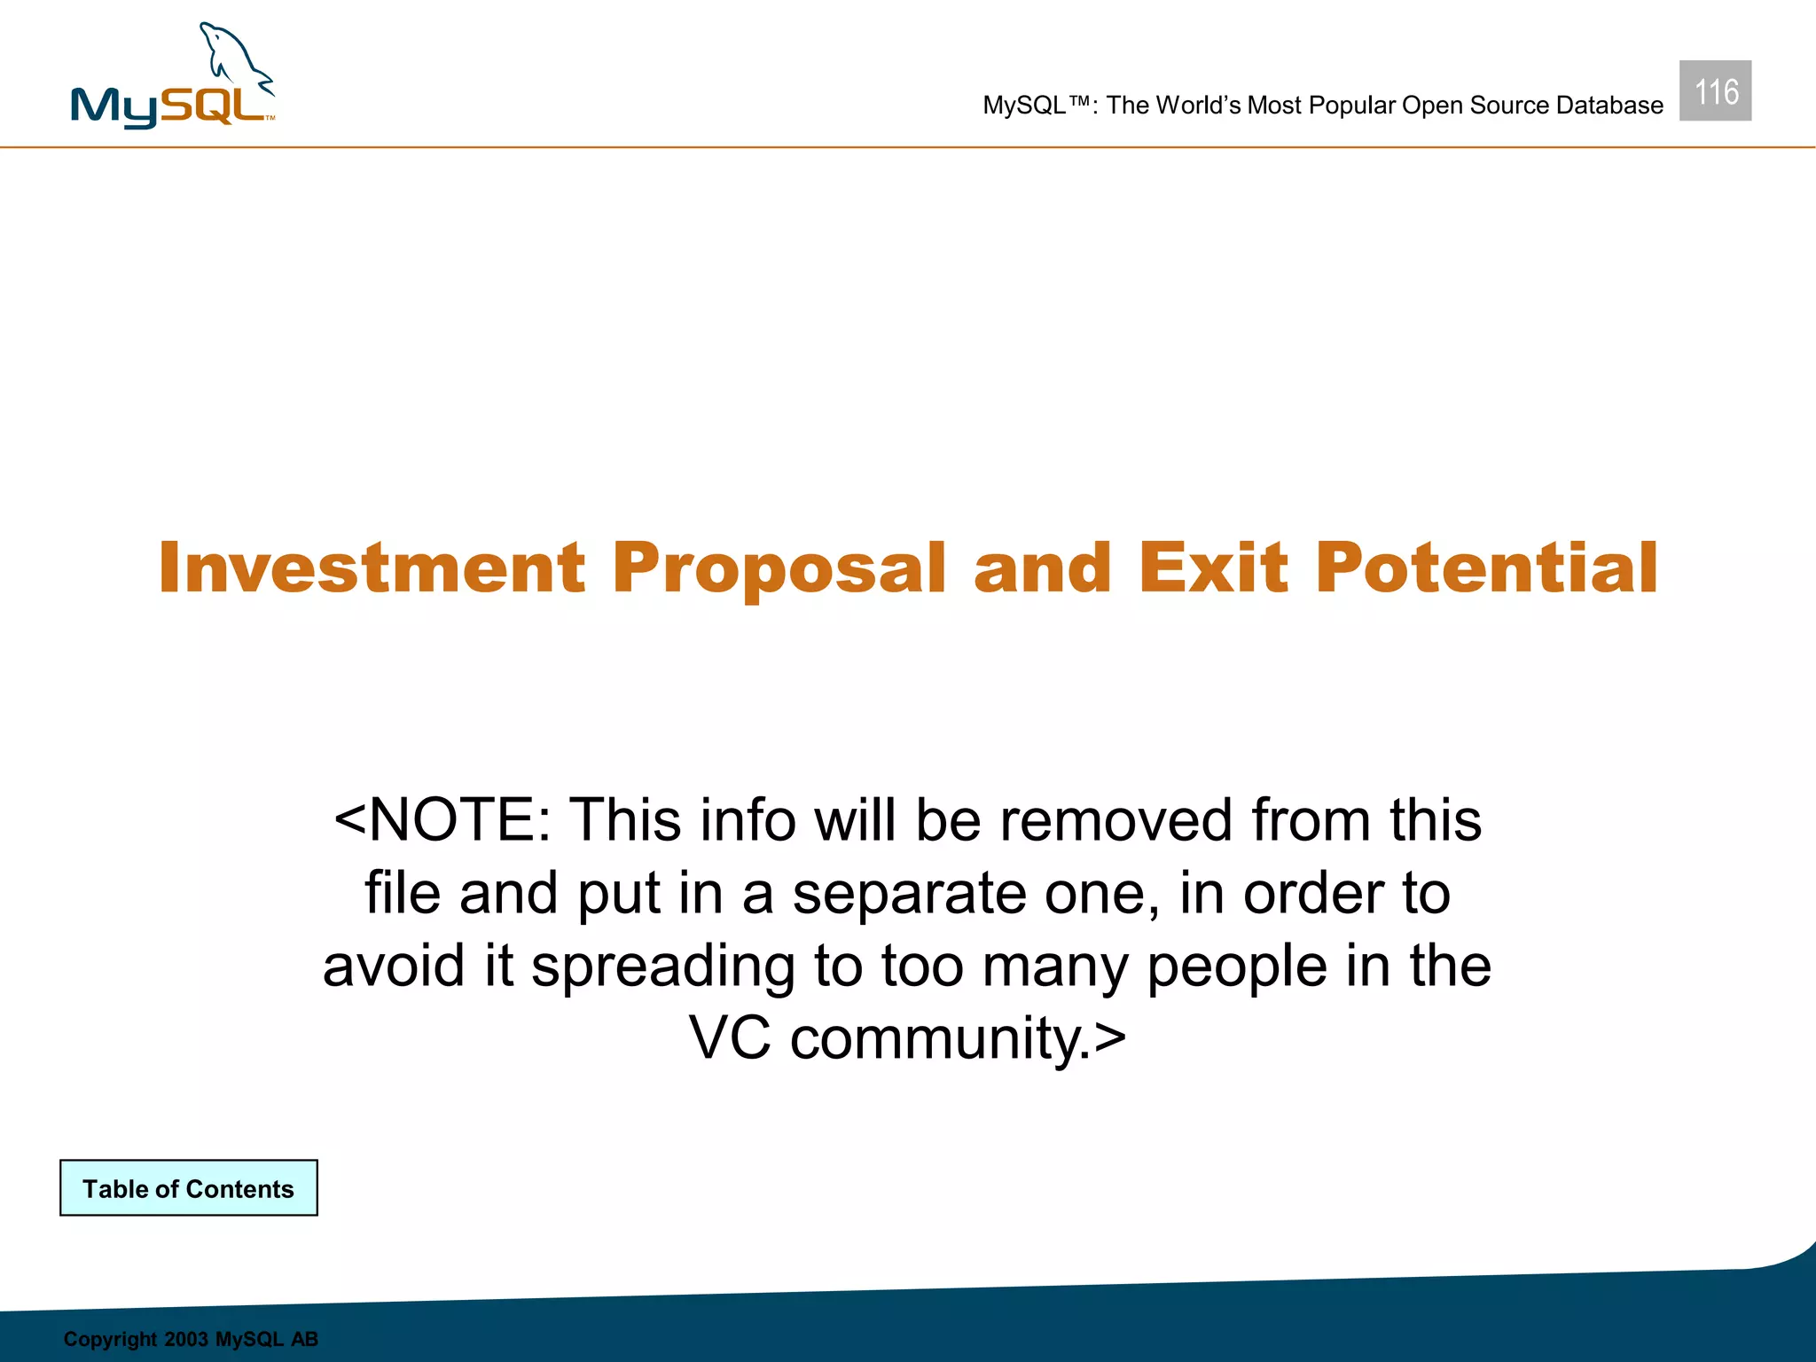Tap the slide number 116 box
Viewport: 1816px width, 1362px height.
pyautogui.click(x=1715, y=91)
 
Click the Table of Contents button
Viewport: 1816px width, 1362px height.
pyautogui.click(x=189, y=1188)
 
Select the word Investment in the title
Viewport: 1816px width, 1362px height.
pyautogui.click(x=372, y=567)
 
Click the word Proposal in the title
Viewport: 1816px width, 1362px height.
pyautogui.click(x=779, y=569)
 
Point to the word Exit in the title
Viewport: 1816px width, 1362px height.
pyautogui.click(x=1212, y=567)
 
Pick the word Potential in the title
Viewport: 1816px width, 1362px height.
pyautogui.click(x=1486, y=567)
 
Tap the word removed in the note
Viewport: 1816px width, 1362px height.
pyautogui.click(x=1115, y=819)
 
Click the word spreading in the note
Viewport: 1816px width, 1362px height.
pyautogui.click(x=662, y=967)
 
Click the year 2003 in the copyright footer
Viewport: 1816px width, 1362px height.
pyautogui.click(x=185, y=1339)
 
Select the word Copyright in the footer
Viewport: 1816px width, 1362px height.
pyautogui.click(x=110, y=1339)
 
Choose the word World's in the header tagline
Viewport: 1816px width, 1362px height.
pyautogui.click(x=1199, y=106)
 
